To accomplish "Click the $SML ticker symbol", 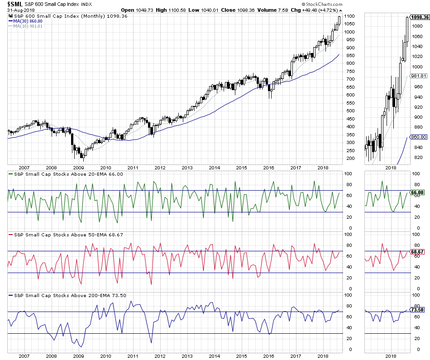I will tap(14, 4).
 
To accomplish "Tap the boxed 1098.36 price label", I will tap(419, 17).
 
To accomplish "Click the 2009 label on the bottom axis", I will tap(78, 357).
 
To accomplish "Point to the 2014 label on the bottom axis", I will tap(215, 357).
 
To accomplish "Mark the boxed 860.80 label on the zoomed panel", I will tap(416, 137).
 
